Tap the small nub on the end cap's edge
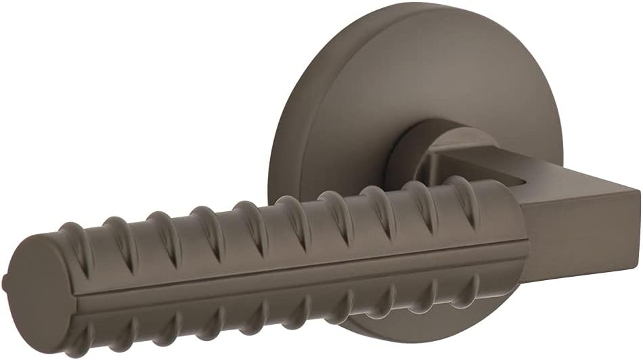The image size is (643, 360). click(x=6, y=279)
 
